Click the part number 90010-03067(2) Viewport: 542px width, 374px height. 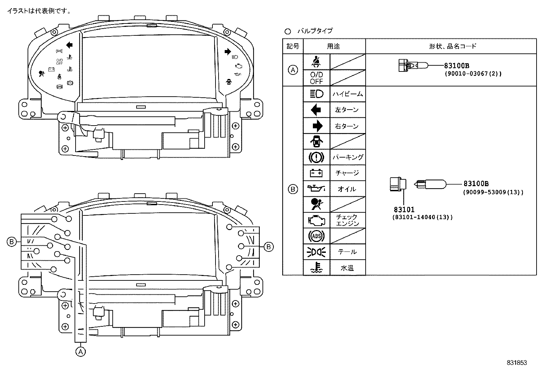pos(473,74)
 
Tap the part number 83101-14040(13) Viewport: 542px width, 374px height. pos(423,217)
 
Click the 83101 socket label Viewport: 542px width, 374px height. pos(404,210)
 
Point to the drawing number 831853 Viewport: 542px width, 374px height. pos(516,363)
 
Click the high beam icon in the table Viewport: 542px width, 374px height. pos(316,94)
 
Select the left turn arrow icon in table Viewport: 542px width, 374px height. pos(316,110)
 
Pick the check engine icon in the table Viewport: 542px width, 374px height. pos(316,220)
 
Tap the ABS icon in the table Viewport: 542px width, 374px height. pos(316,236)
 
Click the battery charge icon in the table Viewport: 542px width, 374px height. pos(316,173)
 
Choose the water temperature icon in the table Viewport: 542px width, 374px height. pos(316,267)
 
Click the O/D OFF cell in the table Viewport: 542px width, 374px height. pos(316,78)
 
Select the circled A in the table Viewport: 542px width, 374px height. pos(293,70)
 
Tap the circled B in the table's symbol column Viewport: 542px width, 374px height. pos(293,189)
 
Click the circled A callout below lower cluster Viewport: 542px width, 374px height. pos(80,351)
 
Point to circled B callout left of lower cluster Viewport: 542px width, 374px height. pos(11,242)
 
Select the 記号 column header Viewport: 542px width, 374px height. pos(293,46)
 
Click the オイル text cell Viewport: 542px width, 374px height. pos(347,189)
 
